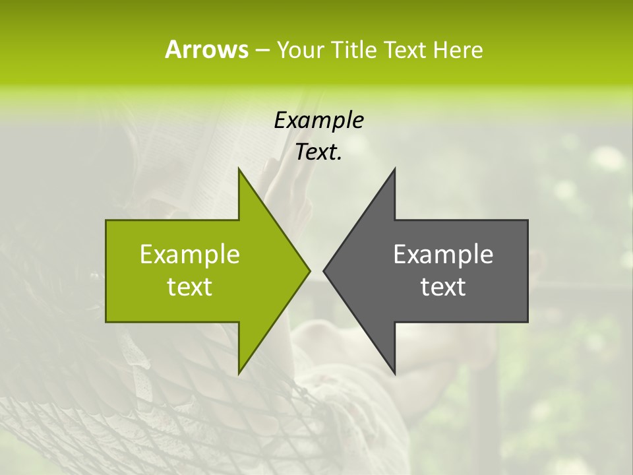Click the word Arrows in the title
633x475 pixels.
(206, 49)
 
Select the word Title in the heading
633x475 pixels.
(354, 49)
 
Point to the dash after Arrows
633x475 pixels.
(262, 50)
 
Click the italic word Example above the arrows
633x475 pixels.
(318, 121)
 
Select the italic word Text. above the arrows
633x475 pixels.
(318, 152)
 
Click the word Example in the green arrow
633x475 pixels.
(189, 255)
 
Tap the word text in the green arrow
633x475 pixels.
(189, 287)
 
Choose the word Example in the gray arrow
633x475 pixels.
(442, 255)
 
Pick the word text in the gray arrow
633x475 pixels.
(442, 287)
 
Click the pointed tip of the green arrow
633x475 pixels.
(309, 270)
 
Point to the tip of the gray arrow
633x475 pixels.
(324, 270)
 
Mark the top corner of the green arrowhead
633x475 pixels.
(239, 169)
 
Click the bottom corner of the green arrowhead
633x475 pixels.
(239, 373)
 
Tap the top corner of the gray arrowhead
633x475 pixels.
(394, 169)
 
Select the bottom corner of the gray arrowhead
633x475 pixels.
(394, 373)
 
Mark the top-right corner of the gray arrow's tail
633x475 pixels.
(527, 220)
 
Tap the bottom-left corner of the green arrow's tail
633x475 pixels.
(106, 321)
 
